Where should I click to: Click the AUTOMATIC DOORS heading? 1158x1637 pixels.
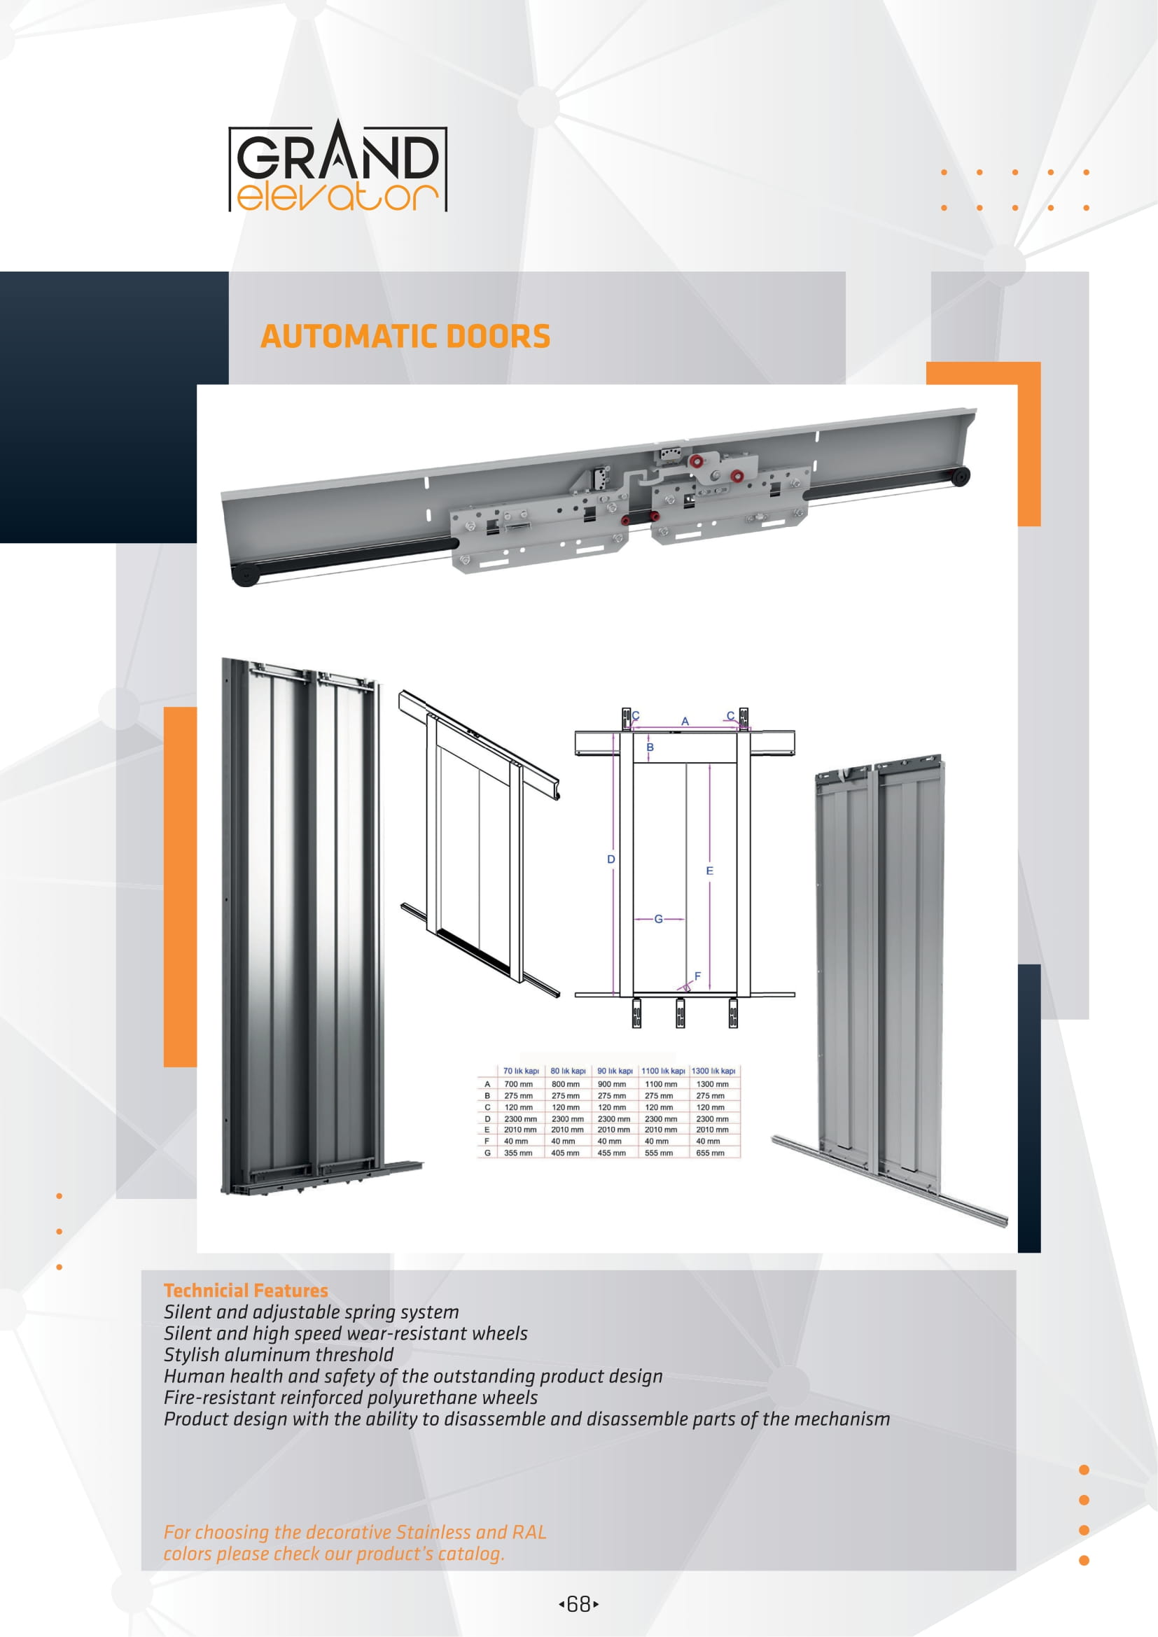(x=405, y=337)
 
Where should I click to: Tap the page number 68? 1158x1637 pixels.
(x=578, y=1604)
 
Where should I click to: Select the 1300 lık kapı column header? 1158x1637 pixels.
(x=713, y=1071)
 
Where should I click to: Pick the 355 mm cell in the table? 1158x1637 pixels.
(x=518, y=1153)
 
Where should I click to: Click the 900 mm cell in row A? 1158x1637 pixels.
(x=612, y=1083)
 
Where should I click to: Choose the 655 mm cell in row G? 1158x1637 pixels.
(x=710, y=1153)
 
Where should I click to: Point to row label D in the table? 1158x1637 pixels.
(x=488, y=1118)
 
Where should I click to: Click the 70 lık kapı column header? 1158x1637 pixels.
(x=522, y=1071)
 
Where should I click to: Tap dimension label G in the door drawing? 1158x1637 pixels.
(x=658, y=919)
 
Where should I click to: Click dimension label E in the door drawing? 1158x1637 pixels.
(x=709, y=871)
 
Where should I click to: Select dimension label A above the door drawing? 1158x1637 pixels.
(x=685, y=722)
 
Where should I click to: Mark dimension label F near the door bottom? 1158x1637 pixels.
(x=697, y=976)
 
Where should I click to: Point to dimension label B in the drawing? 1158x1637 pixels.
(x=650, y=747)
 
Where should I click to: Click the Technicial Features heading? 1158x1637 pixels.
(x=245, y=1291)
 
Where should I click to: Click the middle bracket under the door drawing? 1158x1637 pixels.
(x=681, y=1013)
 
